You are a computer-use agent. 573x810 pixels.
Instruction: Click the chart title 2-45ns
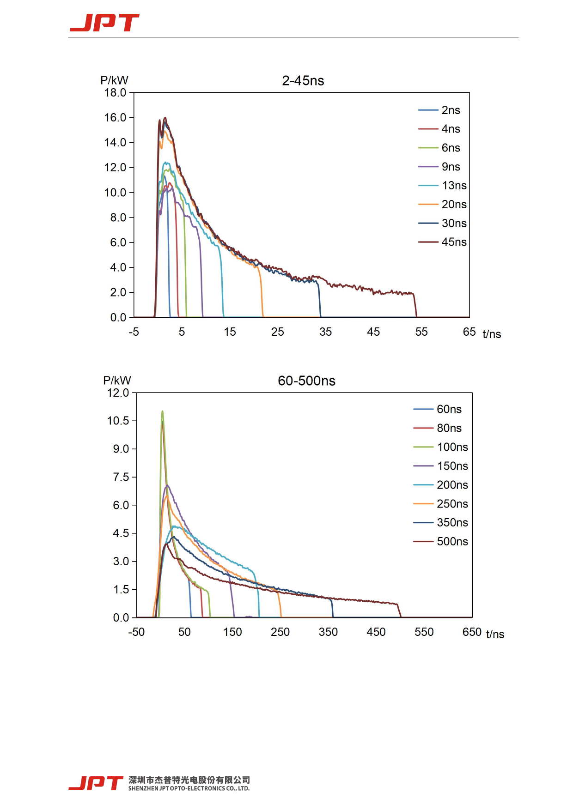pos(303,81)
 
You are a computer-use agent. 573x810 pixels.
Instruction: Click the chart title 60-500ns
pos(306,381)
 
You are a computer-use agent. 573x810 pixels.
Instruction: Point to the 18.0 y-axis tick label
pos(115,93)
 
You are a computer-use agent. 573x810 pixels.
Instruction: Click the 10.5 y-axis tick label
pos(118,421)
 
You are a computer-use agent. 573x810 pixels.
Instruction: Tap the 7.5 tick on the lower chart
pos(121,477)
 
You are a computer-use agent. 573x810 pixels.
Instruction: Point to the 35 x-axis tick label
pos(325,332)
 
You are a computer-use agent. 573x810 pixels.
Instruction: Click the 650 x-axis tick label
pos(472,632)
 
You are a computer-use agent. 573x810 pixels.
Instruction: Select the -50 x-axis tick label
pos(136,632)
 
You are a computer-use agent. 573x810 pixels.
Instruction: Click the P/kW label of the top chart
pos(114,80)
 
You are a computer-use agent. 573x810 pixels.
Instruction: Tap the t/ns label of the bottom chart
pos(495,634)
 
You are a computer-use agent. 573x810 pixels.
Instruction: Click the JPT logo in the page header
pos(104,23)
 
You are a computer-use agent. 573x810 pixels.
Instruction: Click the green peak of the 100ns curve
pos(162,411)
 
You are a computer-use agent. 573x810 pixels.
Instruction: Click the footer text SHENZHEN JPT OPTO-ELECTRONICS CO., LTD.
pos(189,788)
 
